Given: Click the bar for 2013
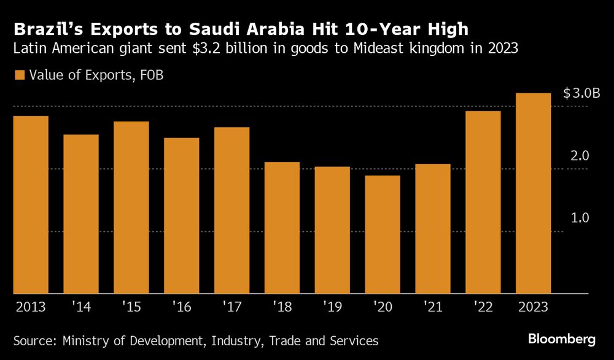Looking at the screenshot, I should click(31, 205).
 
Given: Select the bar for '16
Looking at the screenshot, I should click(182, 216).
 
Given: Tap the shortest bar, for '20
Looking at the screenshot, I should click(383, 235).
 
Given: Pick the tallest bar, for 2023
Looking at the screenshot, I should click(534, 194).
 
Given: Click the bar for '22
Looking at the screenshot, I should click(483, 202).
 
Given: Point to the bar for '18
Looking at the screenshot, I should click(282, 228).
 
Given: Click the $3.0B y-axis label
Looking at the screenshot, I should click(581, 93).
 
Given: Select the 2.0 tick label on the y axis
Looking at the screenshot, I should click(579, 156).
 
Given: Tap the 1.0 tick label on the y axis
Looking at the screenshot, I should click(579, 218).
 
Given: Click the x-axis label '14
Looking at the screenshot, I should click(81, 305).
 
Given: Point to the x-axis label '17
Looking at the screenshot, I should click(232, 305).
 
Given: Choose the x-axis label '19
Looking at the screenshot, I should click(333, 305).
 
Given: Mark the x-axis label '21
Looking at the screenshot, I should click(433, 305).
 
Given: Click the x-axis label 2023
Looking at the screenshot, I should click(534, 305).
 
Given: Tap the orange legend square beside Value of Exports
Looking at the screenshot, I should click(19, 76).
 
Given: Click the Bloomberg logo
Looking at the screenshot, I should click(562, 339).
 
